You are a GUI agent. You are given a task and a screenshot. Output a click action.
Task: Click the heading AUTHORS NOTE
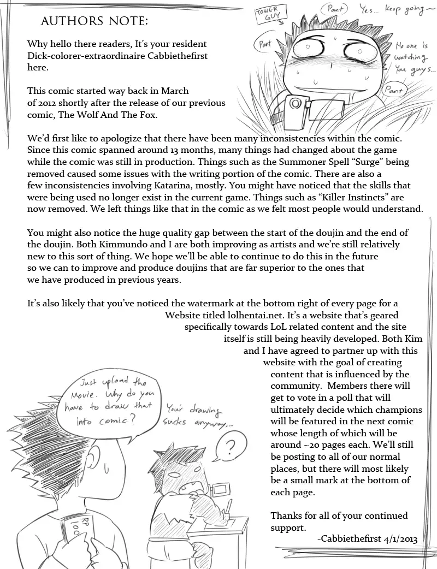tap(94, 21)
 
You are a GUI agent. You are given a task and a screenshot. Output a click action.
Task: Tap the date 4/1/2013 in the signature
tap(398, 538)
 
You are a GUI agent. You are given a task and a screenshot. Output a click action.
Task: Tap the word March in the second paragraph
tap(173, 91)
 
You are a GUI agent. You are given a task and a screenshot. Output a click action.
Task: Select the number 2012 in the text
tap(50, 103)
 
